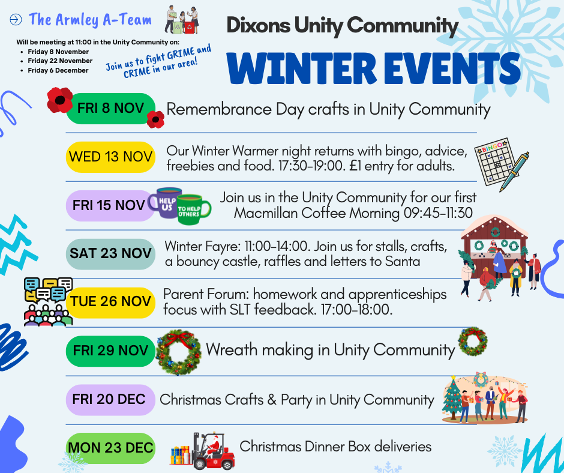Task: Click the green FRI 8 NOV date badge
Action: tap(110, 109)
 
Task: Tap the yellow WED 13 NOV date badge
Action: tap(110, 157)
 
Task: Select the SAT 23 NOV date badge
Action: tap(110, 254)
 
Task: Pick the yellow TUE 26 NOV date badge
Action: tap(110, 303)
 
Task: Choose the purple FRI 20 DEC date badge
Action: tap(110, 400)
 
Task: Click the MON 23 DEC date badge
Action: tap(110, 448)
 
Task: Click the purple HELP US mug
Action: tap(165, 203)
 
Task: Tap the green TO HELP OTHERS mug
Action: tap(193, 210)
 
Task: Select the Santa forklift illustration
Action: tap(203, 451)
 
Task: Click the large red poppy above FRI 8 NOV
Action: tap(60, 100)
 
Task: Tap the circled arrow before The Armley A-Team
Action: tap(16, 19)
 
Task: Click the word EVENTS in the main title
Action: tap(452, 68)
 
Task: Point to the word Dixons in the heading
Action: tap(258, 25)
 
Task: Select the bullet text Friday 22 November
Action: tap(60, 61)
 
